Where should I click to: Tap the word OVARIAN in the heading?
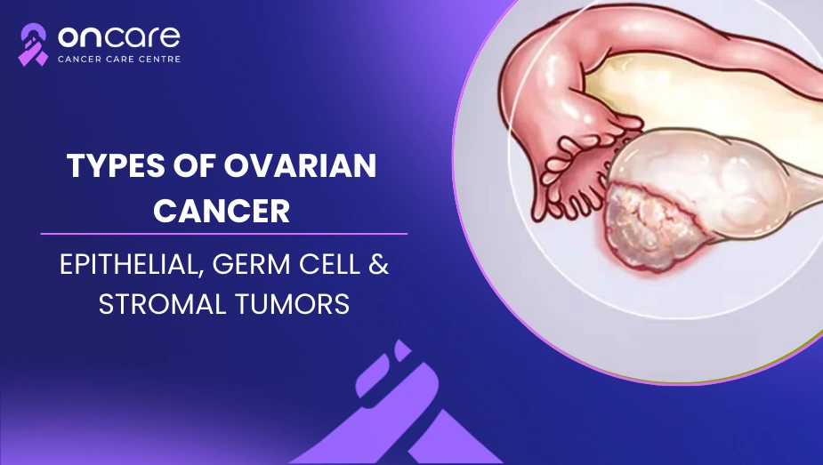click(x=300, y=165)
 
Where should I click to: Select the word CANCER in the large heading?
click(x=222, y=211)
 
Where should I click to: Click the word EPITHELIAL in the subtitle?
click(x=131, y=265)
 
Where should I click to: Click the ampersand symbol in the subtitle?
click(x=378, y=264)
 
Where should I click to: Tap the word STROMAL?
click(x=162, y=304)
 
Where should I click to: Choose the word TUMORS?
click(x=292, y=304)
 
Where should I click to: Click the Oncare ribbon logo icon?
click(x=33, y=44)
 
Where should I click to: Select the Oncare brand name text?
click(x=118, y=36)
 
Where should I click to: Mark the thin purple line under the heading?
click(x=224, y=234)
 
